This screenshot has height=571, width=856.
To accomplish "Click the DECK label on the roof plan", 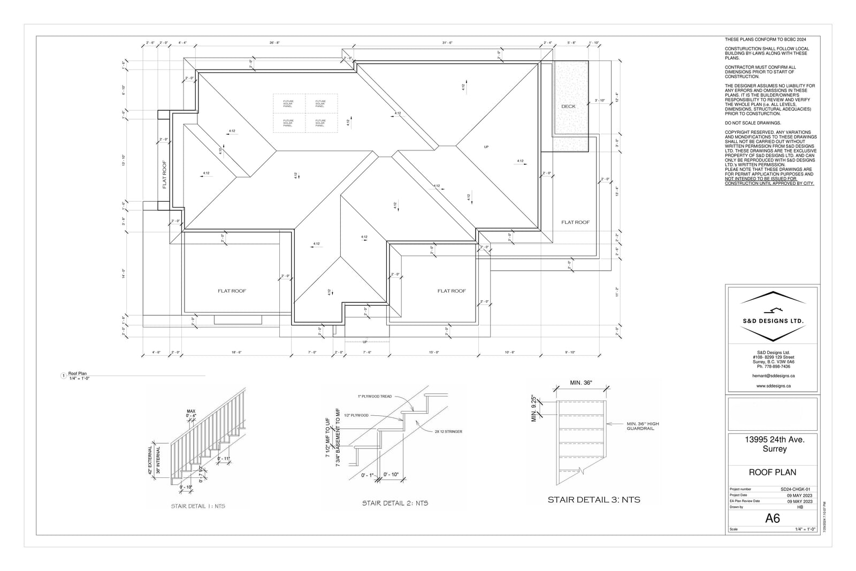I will click(x=568, y=106).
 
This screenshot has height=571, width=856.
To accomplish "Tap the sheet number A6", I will click(x=773, y=518).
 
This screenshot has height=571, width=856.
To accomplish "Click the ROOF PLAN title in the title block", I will click(x=772, y=473).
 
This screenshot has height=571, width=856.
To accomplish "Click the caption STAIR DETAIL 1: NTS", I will click(x=198, y=506).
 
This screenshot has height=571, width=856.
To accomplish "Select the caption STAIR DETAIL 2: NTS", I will click(x=395, y=503).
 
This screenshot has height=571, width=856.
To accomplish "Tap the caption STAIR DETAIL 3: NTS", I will click(x=594, y=500).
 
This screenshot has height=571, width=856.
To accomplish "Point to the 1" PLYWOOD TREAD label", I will click(x=375, y=397).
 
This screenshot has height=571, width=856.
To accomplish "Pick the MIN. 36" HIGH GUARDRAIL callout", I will click(x=643, y=426).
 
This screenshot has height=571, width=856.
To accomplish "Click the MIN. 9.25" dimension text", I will click(x=534, y=409).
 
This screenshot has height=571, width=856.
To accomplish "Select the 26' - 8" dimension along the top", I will click(x=274, y=43).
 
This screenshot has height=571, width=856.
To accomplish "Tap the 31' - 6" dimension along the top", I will click(x=447, y=43).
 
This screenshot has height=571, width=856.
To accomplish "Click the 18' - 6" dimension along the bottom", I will click(x=236, y=352).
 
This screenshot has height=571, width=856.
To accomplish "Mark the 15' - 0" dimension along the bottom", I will click(x=434, y=352).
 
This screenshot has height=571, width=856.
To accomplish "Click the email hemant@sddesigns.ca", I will click(x=772, y=376).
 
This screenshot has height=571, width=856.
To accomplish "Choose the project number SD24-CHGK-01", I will click(x=796, y=489).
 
